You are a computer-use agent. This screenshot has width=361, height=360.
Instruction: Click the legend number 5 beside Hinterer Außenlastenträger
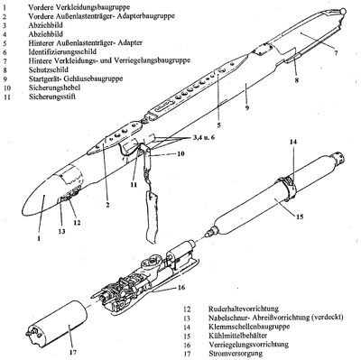pos(5,42)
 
